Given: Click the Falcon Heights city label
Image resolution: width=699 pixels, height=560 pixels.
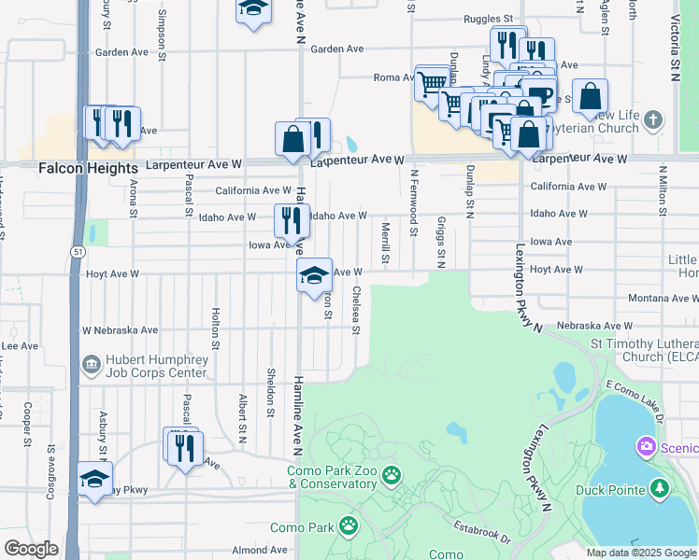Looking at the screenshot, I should pos(88,167).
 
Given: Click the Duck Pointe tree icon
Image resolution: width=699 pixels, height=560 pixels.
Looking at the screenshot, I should pos(660,488).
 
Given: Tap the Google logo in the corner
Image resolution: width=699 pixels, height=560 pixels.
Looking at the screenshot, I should pos(31,549).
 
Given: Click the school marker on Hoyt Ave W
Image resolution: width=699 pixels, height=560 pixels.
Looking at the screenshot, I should pos(314,273).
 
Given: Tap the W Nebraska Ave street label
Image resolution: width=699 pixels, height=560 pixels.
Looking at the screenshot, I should pos(121,330).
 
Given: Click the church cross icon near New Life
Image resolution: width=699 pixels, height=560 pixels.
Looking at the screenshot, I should pos(653,119).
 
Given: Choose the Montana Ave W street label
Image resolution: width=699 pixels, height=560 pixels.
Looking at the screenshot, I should pos(659,298).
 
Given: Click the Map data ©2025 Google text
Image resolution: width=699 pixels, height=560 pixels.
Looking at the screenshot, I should pos(640,553).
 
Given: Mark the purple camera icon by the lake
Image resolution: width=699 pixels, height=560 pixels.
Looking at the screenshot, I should pos(646,447).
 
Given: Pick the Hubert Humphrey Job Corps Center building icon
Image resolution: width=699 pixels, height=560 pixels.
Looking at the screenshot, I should pos(91,363).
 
